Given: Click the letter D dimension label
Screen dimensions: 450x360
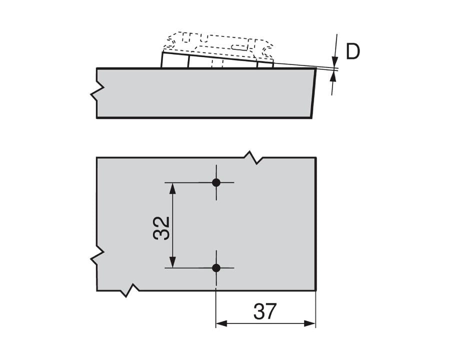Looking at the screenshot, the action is click(x=352, y=51).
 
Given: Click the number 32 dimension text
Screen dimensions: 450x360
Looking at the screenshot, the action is click(x=161, y=228).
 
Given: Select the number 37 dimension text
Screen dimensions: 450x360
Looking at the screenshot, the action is click(x=264, y=311).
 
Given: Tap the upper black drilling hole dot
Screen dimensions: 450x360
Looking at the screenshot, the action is click(x=216, y=182).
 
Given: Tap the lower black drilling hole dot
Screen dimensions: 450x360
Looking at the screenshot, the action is click(x=216, y=268).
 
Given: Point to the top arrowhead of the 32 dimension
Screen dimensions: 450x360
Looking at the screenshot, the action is click(x=172, y=188).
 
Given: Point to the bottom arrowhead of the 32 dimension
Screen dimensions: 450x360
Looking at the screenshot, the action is click(x=172, y=262).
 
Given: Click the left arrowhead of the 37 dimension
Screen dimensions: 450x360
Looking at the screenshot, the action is click(x=221, y=323).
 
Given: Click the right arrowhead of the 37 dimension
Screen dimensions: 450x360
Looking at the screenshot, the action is click(x=310, y=323).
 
